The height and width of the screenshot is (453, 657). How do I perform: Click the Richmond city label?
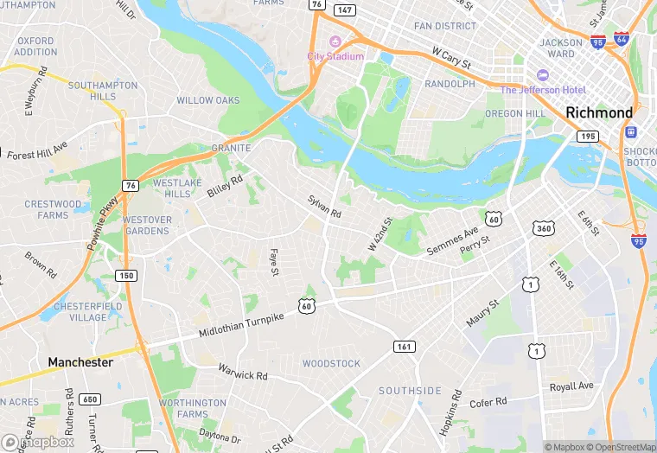[x=599, y=112]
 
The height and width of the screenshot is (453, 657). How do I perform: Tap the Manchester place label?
[x=80, y=362]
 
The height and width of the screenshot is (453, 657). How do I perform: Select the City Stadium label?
[x=335, y=56]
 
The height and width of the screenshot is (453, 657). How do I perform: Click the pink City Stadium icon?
[x=335, y=41]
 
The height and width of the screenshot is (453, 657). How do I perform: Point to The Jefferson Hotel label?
[x=543, y=90]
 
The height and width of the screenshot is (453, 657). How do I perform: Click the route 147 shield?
[x=344, y=10]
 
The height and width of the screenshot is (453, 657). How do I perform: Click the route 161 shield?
[x=404, y=347]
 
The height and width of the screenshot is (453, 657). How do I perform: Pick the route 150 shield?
[x=127, y=275]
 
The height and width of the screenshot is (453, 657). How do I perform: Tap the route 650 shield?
[x=89, y=399]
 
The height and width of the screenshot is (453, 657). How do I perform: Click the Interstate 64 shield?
[x=622, y=39]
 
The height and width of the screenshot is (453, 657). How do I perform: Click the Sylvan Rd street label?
[x=324, y=207]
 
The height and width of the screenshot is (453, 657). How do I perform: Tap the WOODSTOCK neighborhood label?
[x=331, y=363]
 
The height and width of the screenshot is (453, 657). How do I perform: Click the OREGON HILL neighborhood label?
[x=515, y=114]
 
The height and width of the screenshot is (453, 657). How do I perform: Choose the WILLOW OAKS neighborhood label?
[x=207, y=100]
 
